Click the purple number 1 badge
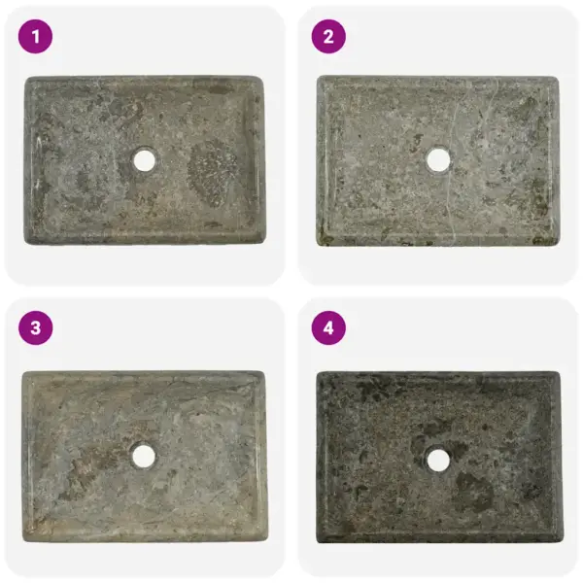[x=36, y=37]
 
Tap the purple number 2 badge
[x=328, y=37]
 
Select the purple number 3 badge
[x=36, y=328]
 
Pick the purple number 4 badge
[x=328, y=328]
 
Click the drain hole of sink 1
[x=145, y=159]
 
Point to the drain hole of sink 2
[x=437, y=158]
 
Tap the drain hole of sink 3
[x=144, y=454]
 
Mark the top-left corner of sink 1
[x=26, y=79]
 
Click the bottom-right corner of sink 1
[x=265, y=242]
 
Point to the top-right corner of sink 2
[x=558, y=78]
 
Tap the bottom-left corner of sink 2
[x=320, y=244]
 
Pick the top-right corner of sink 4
[x=561, y=372]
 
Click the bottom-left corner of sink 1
[x=26, y=242]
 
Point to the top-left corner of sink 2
[x=320, y=78]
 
